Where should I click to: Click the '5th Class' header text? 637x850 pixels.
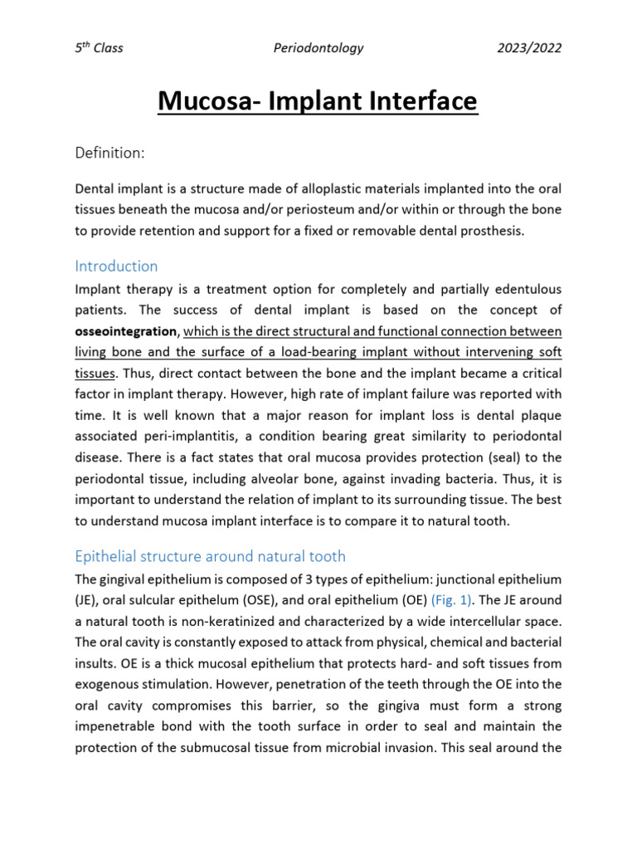pos(98,48)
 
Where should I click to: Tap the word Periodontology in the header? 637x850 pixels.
pos(318,48)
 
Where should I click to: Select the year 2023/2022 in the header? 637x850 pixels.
pos(528,48)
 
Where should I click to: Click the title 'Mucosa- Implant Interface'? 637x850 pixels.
pos(318,101)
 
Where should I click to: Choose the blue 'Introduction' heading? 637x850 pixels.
pos(116,266)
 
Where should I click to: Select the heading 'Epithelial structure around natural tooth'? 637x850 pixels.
pos(210,555)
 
